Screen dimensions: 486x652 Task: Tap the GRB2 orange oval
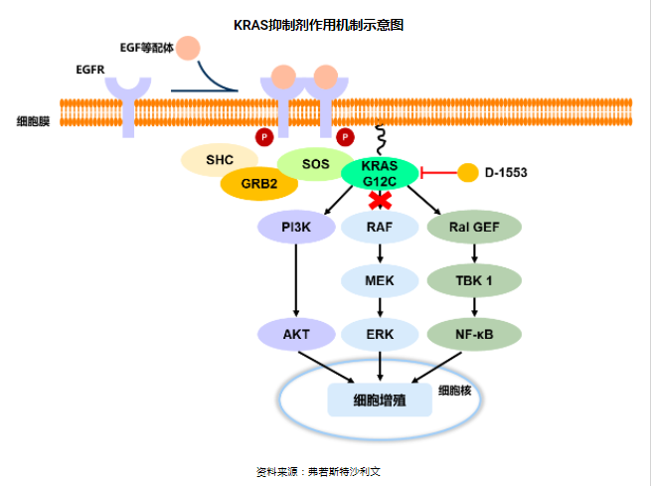coord(252,183)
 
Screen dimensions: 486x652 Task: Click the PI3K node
coord(296,228)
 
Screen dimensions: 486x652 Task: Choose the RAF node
coord(380,228)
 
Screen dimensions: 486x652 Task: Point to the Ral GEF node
coord(473,228)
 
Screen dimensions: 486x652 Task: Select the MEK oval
coord(380,280)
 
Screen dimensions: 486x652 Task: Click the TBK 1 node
coord(473,280)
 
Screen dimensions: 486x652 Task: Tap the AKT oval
coord(296,334)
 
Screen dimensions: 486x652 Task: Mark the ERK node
coord(380,334)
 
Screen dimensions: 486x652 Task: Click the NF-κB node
coord(473,334)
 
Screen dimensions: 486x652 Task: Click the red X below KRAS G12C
coord(379,201)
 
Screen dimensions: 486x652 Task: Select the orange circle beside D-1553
coord(467,173)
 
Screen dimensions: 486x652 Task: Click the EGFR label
coord(90,71)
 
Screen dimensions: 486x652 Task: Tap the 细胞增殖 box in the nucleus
coord(380,402)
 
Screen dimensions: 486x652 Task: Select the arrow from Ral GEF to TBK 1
coord(473,254)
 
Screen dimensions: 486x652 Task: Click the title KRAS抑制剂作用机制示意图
coord(325,24)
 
